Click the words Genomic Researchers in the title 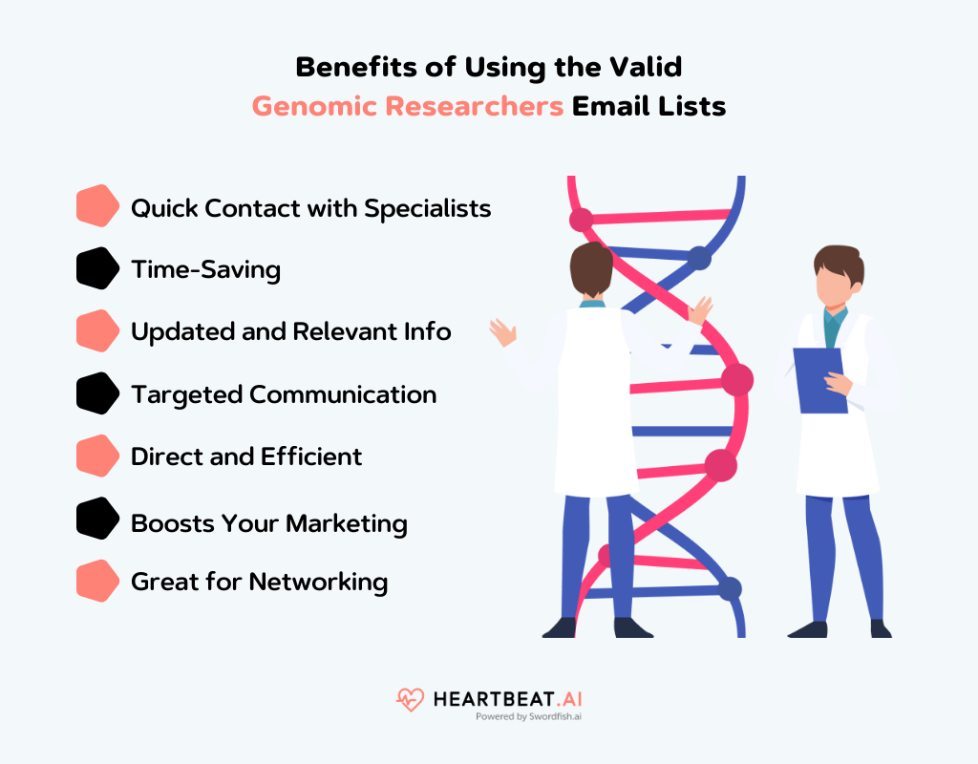(408, 106)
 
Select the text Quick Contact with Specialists (310, 208)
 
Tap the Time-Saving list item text (205, 270)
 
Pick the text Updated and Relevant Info (290, 332)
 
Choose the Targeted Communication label (283, 394)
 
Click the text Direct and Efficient (246, 456)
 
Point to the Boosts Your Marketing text (268, 523)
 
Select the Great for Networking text (259, 582)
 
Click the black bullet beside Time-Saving (96, 268)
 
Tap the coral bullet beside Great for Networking (96, 582)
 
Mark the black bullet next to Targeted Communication (96, 393)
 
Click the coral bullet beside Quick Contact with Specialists (96, 206)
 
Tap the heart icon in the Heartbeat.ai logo (410, 700)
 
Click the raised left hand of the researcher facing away (502, 332)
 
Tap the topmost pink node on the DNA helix (582, 220)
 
